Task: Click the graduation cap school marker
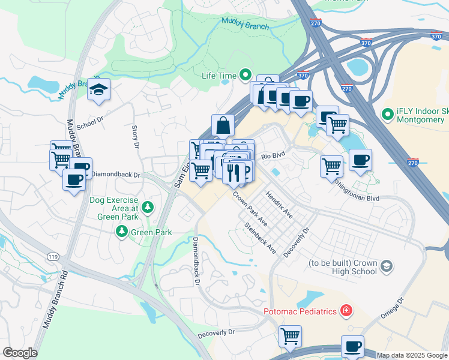click(98, 90)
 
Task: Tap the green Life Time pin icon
click(245, 75)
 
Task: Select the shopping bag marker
click(223, 126)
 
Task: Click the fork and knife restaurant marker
click(234, 173)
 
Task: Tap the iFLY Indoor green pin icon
click(388, 113)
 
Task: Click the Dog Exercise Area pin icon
click(148, 208)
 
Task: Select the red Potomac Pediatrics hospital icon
click(346, 311)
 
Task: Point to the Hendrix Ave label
click(279, 205)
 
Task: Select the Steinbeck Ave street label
click(259, 238)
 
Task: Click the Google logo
click(20, 353)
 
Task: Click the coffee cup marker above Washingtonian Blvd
click(360, 160)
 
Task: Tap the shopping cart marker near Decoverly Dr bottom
click(291, 337)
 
